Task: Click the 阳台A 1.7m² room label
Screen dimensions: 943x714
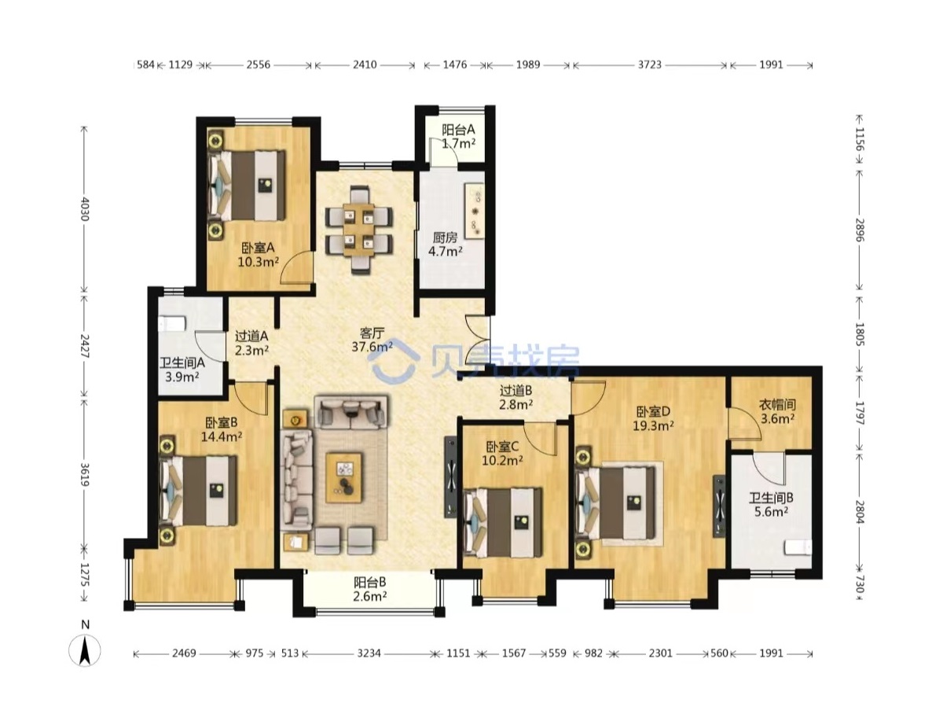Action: pos(458,136)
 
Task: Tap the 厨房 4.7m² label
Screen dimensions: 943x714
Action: pos(445,244)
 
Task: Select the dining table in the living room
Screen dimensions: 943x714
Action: pos(358,230)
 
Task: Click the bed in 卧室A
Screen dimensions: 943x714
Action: pos(248,185)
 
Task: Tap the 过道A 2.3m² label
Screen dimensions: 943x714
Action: pos(251,343)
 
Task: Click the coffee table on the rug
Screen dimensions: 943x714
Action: pos(343,477)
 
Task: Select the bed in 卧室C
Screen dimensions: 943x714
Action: pos(504,521)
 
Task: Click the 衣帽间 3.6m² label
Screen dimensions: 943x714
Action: pos(777,411)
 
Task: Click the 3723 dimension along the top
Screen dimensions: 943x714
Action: pos(649,65)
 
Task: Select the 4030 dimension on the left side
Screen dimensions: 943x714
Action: pos(84,209)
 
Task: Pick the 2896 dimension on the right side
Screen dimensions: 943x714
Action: pos(859,230)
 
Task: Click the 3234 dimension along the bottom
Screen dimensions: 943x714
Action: pos(369,653)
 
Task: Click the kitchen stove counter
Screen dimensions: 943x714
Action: pos(474,211)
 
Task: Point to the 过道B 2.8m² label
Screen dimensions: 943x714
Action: pos(516,397)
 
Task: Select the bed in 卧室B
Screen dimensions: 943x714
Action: pos(199,491)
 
